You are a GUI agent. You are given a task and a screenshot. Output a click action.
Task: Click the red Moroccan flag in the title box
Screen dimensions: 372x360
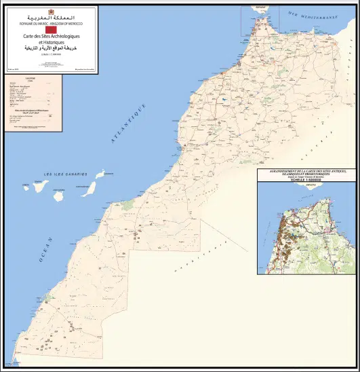(49, 29)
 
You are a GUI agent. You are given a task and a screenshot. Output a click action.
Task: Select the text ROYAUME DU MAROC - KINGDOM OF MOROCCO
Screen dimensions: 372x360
(49, 22)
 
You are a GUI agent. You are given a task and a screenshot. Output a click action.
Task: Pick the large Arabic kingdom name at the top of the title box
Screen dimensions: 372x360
(49, 16)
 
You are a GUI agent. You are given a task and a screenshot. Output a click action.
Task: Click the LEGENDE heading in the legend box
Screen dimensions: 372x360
(31, 79)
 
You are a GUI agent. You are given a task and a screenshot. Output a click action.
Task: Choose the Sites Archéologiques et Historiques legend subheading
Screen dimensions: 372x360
(31, 109)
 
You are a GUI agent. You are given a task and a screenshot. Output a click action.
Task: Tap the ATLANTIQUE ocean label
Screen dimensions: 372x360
(129, 123)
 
